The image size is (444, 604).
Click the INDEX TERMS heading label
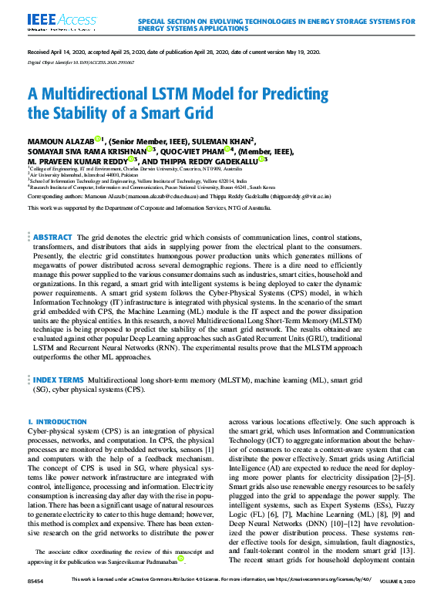[x=59, y=380]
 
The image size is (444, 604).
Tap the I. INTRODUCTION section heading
[x=52, y=422]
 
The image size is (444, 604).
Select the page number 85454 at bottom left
[x=35, y=599]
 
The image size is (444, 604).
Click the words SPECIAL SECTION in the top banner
[x=166, y=22]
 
